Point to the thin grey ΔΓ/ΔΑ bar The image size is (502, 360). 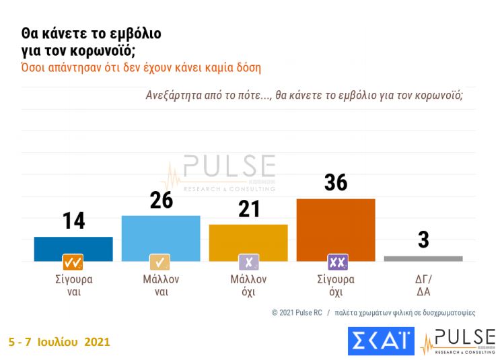tap(423, 258)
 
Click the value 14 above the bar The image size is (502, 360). tap(73, 221)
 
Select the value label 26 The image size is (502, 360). tap(161, 200)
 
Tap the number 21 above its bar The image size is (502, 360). tap(248, 209)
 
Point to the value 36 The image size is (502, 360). tap(336, 182)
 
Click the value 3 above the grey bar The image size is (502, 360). tap(423, 240)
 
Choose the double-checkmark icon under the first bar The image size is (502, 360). tap(73, 262)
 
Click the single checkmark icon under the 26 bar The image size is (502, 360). tap(160, 262)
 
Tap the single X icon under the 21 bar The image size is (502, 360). tap(248, 262)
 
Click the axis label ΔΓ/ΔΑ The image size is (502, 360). tap(423, 285)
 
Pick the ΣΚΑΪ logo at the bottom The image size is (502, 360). tap(381, 340)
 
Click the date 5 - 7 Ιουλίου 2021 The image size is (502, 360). tap(59, 343)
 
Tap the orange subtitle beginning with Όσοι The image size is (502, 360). tap(141, 67)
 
